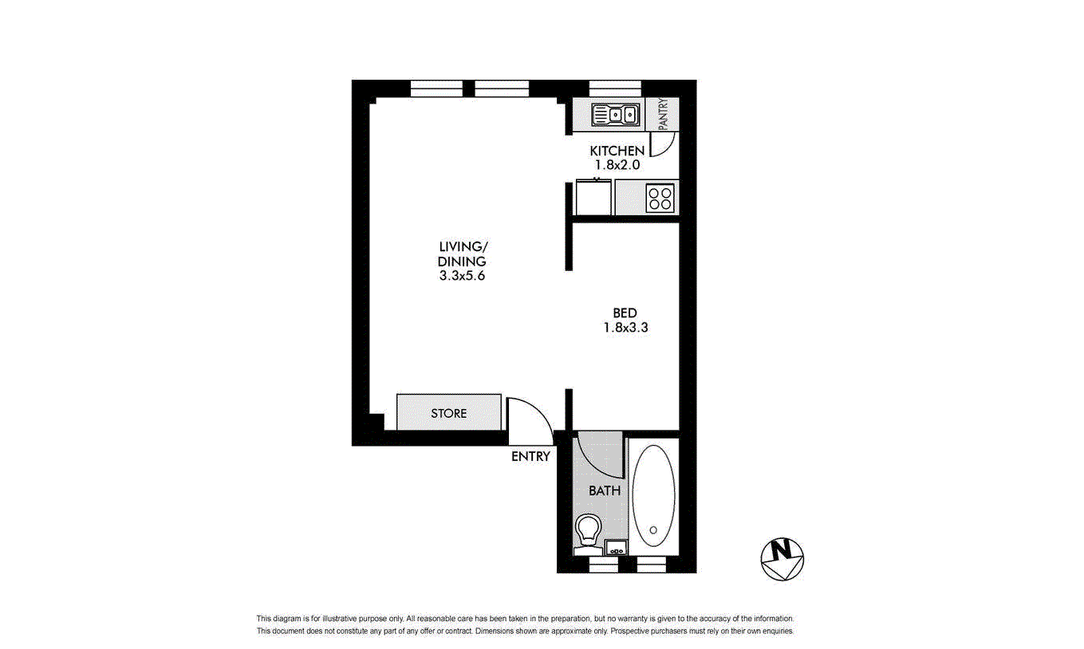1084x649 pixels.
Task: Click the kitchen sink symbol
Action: [x=616, y=115]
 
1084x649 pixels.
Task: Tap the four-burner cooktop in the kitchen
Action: [x=660, y=199]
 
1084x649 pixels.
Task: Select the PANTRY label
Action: [x=664, y=114]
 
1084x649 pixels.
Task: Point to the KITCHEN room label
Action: [x=617, y=151]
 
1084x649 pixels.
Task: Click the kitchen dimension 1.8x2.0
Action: [x=617, y=165]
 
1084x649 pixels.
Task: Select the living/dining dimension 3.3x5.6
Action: [x=462, y=276]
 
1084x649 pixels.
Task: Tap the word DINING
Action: [x=462, y=262]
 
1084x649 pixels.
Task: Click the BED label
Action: [x=625, y=313]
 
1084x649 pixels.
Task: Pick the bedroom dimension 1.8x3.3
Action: [x=625, y=328]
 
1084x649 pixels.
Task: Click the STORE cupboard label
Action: [x=448, y=414]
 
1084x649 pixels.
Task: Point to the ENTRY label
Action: [x=531, y=457]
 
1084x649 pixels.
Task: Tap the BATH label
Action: [x=605, y=491]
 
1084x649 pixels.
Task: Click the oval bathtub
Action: [x=653, y=496]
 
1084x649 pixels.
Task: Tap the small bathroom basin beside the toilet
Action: [x=616, y=548]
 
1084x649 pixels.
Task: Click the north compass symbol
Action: [x=782, y=559]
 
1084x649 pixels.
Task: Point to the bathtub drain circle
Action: [x=653, y=530]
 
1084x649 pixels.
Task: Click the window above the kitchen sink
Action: [x=615, y=88]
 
